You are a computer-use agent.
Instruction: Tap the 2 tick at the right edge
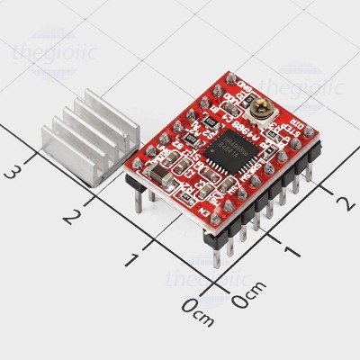point(341,201)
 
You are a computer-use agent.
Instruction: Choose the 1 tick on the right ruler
point(286,247)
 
